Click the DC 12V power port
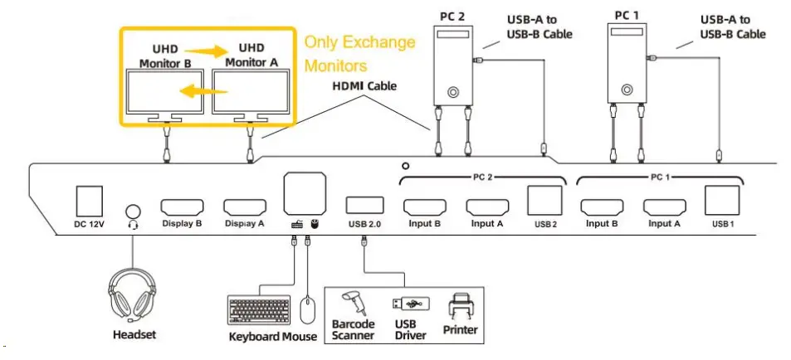[x=89, y=202]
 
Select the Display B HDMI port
[x=182, y=207]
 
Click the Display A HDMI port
[x=244, y=207]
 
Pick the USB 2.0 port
[x=364, y=206]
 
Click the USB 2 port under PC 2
[x=544, y=202]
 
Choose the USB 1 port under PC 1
[x=720, y=202]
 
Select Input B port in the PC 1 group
[x=603, y=207]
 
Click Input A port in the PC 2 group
[x=486, y=207]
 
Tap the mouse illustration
[x=307, y=311]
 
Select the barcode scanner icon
[x=354, y=303]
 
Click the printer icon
[x=461, y=306]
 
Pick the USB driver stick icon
[x=409, y=304]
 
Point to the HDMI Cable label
[x=364, y=85]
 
